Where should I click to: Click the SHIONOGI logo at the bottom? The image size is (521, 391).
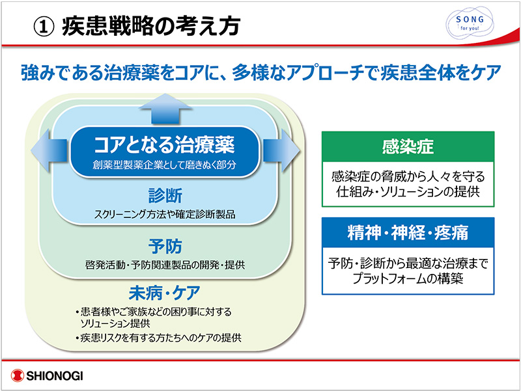coord(49,376)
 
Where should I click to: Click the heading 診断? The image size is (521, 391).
coord(165,195)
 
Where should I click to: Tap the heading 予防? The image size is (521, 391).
coord(165,247)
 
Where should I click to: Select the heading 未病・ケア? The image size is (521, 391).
coord(163,291)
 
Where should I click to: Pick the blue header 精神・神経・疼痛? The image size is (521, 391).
coord(408,232)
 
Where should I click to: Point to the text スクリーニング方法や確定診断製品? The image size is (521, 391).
coord(165,214)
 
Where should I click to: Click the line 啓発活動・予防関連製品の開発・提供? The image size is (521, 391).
coord(164,265)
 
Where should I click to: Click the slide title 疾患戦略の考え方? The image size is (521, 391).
coord(150,26)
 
